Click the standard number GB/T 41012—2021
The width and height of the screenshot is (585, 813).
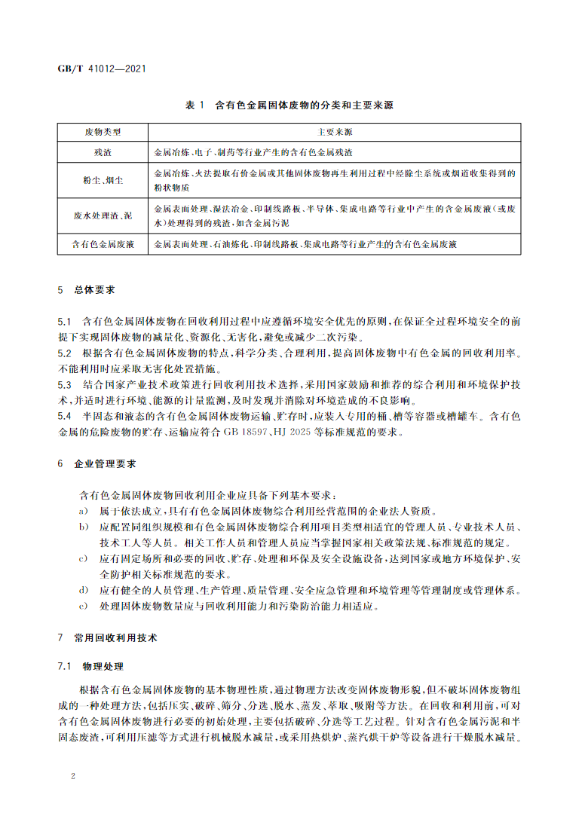click(x=102, y=68)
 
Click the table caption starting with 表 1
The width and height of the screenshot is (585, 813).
click(x=289, y=105)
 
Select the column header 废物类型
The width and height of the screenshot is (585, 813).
click(x=103, y=132)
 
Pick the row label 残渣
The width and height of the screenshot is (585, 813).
click(x=103, y=151)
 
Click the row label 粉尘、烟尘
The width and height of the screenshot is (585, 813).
click(x=103, y=180)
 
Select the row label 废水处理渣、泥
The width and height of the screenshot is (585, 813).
click(x=103, y=215)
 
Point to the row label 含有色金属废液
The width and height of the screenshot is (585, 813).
click(x=103, y=245)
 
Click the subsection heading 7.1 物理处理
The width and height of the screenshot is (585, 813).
click(x=91, y=667)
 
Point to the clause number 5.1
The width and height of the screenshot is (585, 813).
click(x=65, y=321)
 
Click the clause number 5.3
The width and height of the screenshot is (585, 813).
click(x=65, y=384)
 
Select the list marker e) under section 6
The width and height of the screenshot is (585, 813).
click(x=82, y=605)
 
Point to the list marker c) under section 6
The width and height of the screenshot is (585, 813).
click(x=82, y=558)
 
